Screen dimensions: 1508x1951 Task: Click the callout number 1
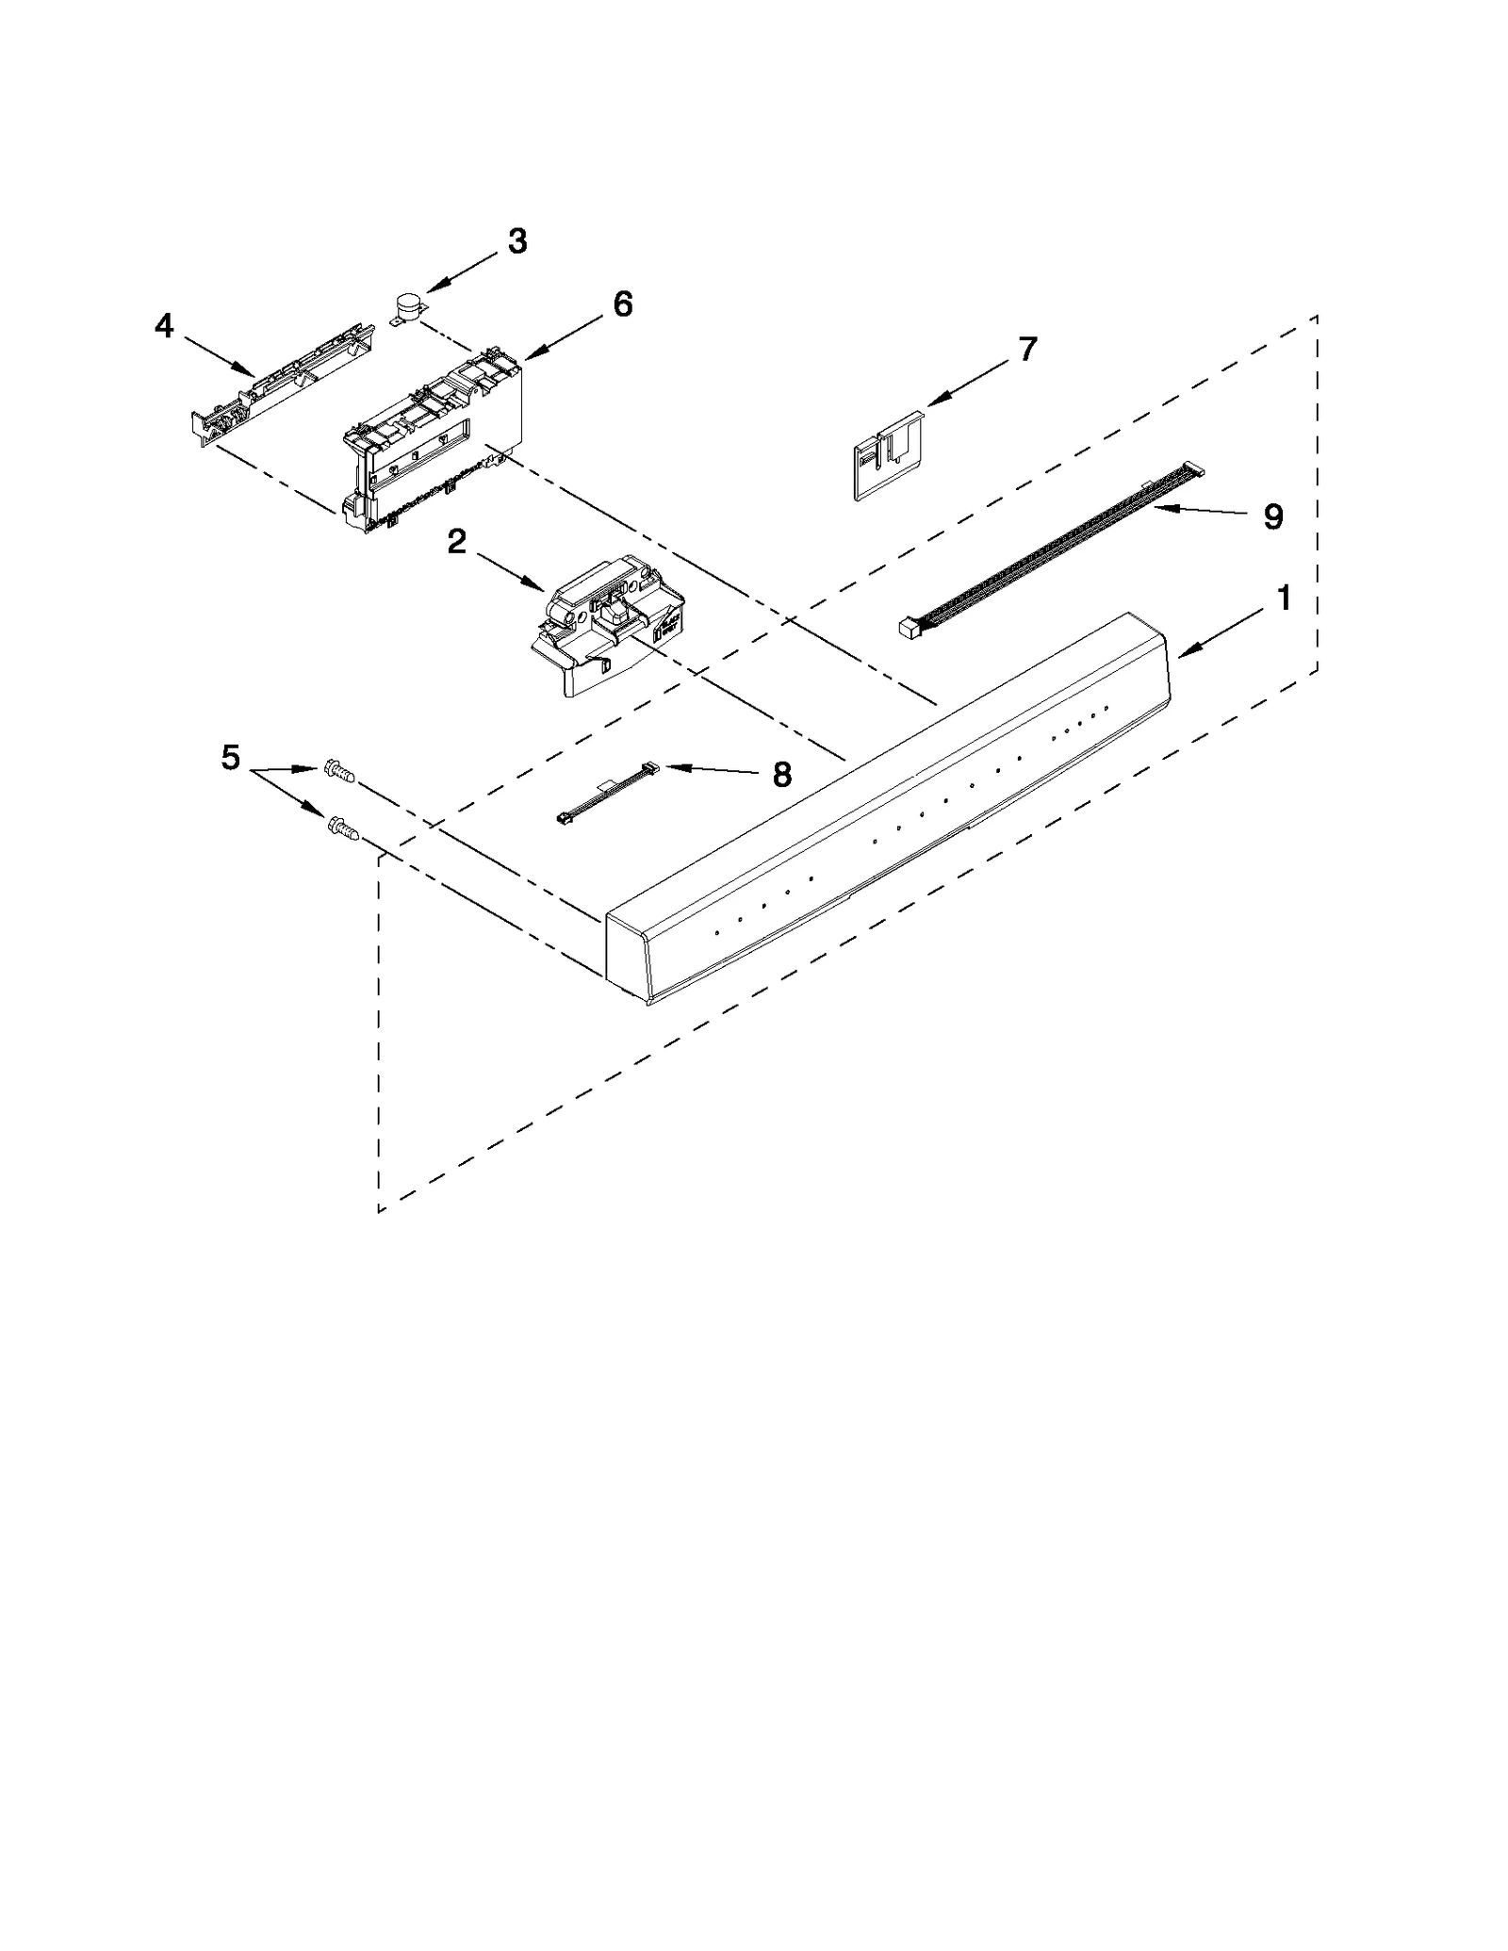[1283, 598]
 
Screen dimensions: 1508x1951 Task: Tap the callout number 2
[456, 541]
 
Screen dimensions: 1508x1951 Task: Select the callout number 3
[517, 241]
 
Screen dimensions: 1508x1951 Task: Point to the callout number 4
[164, 326]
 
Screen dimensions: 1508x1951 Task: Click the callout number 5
[231, 757]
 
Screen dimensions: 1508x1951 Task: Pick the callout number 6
[622, 303]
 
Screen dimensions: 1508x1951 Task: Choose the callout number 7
[1026, 349]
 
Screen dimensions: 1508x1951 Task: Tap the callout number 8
[781, 775]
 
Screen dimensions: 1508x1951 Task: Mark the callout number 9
[1272, 516]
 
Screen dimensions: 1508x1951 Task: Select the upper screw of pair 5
[339, 772]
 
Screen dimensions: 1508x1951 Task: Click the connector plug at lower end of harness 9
[910, 628]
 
